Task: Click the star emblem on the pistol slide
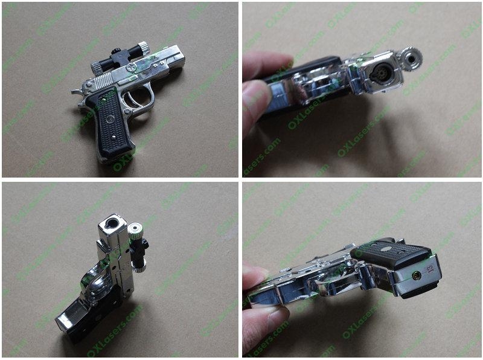tap(129, 70)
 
